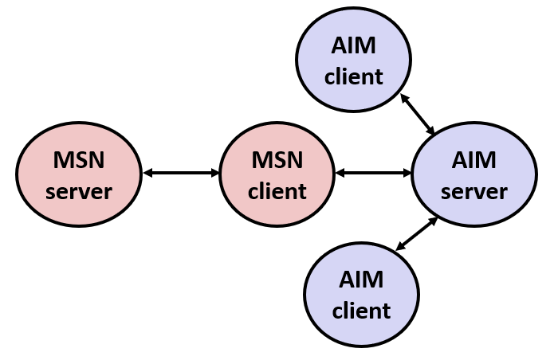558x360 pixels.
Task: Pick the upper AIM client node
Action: pos(353,60)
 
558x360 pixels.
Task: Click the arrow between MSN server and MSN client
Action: pos(180,172)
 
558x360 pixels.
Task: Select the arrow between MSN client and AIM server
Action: pos(373,172)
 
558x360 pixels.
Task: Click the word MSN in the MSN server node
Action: pos(78,159)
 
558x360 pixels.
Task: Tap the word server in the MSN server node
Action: pos(78,191)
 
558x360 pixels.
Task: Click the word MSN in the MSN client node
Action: pos(277,159)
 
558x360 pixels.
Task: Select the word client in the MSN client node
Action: pos(277,191)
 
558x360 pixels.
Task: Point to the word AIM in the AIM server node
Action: pos(474,159)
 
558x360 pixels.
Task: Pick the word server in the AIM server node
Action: pos(474,191)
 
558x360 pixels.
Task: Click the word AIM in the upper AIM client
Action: pos(353,45)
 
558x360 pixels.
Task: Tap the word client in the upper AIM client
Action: pos(353,76)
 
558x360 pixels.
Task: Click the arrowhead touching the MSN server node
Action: pos(147,172)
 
